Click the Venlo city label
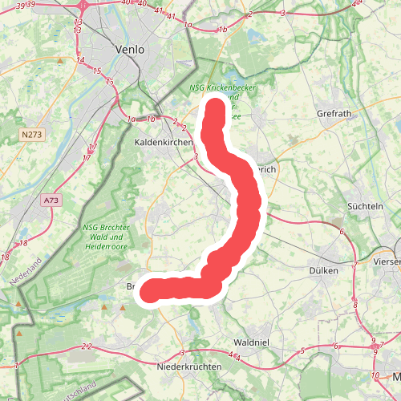(130, 49)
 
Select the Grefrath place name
(334, 114)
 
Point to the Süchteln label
(365, 206)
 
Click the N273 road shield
(32, 135)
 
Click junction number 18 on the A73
(25, 242)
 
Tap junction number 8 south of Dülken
(355, 305)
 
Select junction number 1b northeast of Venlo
(224, 30)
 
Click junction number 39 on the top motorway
(30, 5)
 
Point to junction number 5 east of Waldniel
(302, 350)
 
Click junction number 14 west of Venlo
(80, 60)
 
